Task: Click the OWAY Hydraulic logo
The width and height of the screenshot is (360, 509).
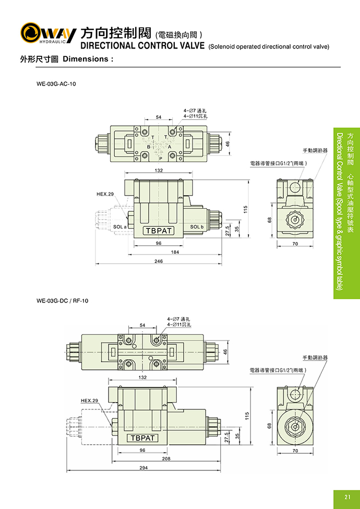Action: pyautogui.click(x=48, y=33)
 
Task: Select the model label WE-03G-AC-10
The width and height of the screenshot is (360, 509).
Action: pyautogui.click(x=56, y=83)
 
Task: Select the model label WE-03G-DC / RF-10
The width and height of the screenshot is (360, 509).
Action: pyautogui.click(x=63, y=300)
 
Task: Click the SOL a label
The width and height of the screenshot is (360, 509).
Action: pyautogui.click(x=120, y=227)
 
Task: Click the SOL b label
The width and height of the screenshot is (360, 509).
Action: pyautogui.click(x=197, y=227)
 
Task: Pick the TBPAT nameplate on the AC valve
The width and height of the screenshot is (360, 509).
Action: pyautogui.click(x=159, y=231)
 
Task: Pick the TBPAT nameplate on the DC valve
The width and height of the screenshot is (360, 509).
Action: pyautogui.click(x=142, y=438)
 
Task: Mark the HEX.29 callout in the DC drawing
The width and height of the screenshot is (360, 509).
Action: pyautogui.click(x=89, y=401)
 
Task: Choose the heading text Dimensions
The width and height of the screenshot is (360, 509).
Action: pyautogui.click(x=88, y=59)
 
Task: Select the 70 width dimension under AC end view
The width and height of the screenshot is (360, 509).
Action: pyautogui.click(x=295, y=244)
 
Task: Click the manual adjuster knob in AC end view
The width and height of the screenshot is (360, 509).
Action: pyautogui.click(x=295, y=222)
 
